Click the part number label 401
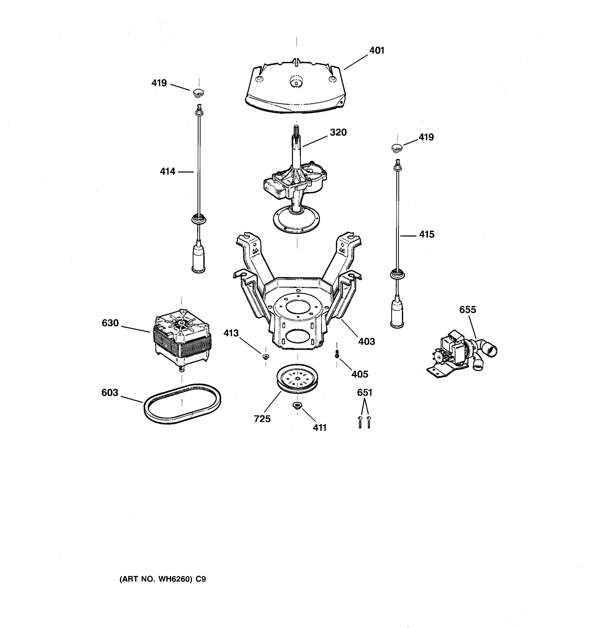click(x=377, y=51)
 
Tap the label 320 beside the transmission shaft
click(x=338, y=132)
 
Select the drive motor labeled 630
click(x=182, y=340)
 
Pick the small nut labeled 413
click(x=266, y=357)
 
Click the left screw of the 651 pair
click(x=360, y=422)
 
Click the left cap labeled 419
click(x=198, y=93)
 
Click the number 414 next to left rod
click(x=168, y=172)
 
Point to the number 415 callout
click(x=427, y=234)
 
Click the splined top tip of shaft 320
click(x=296, y=129)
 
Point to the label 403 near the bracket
click(x=366, y=341)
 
